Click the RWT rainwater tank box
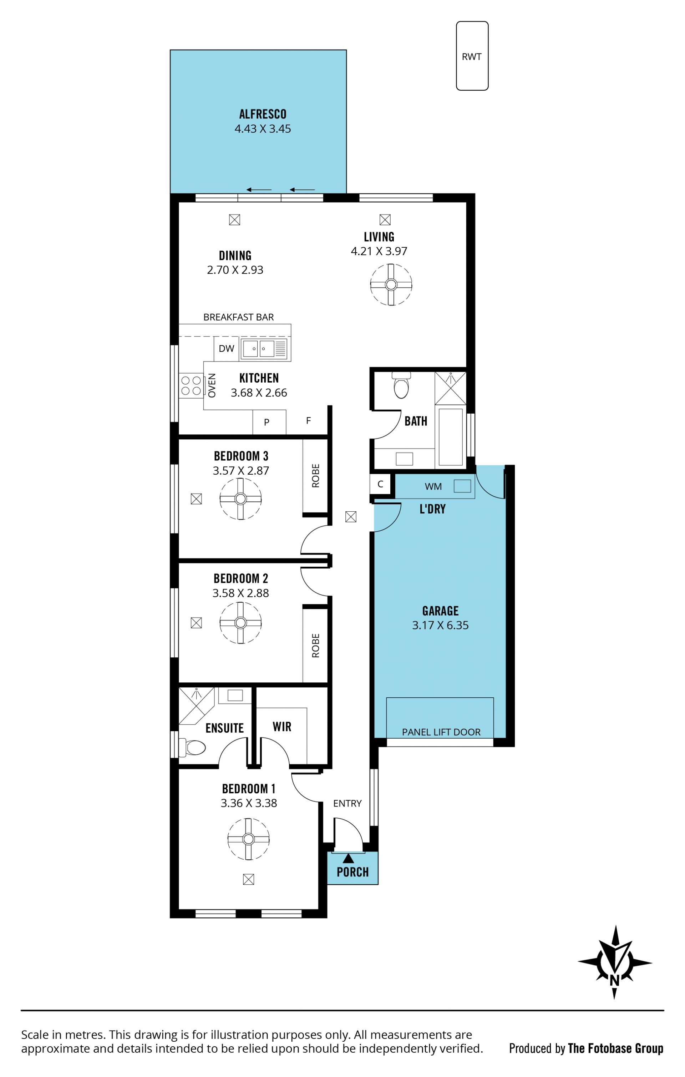pos(472,56)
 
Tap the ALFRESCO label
pos(263,114)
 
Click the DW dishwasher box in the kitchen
pos(226,348)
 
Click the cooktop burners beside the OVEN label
pos(191,385)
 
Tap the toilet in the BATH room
pos(401,385)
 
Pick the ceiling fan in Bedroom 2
pos(240,623)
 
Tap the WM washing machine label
pos(433,486)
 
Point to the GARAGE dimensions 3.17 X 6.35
pos(440,625)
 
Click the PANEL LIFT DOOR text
pos(441,732)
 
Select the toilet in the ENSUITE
pos(192,747)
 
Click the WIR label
pos(282,726)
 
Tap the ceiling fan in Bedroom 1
pos(248,839)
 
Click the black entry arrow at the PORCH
pos(348,858)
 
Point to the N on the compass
pos(614,980)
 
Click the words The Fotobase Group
pos(615,1048)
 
